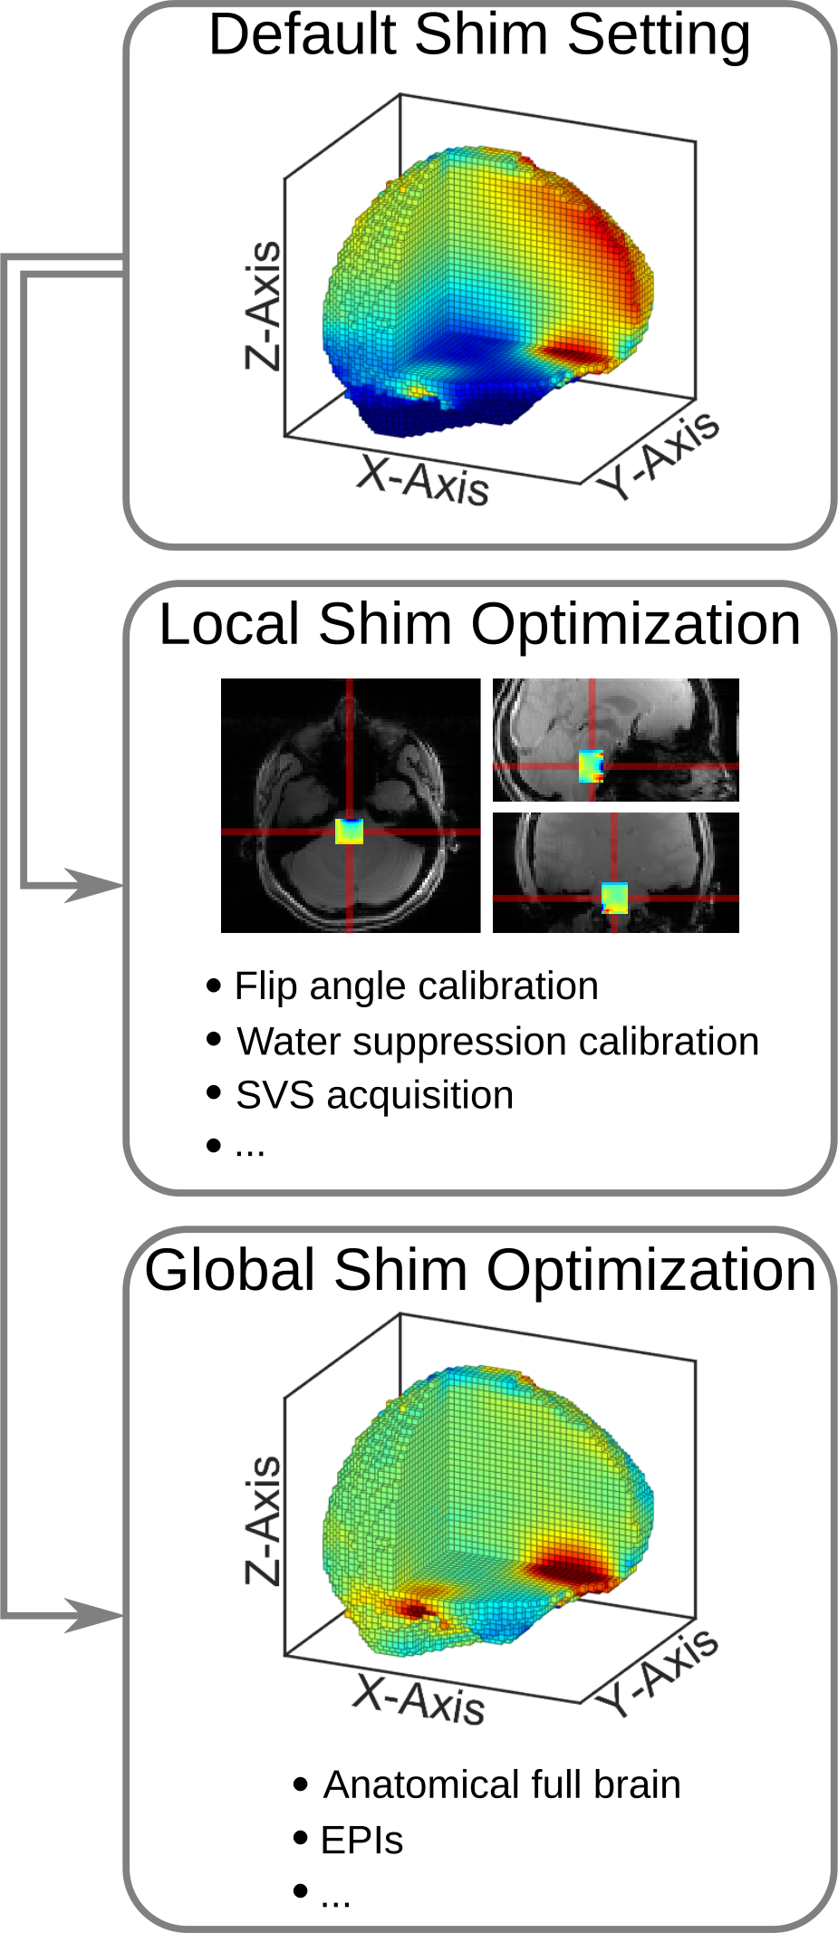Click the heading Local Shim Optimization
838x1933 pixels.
click(479, 625)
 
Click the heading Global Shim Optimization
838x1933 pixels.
click(480, 1270)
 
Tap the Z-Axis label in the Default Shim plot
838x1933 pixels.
click(264, 305)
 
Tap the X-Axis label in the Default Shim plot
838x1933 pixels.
click(423, 480)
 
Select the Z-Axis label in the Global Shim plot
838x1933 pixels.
click(264, 1520)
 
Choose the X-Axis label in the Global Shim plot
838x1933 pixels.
click(419, 1698)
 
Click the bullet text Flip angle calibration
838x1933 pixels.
click(416, 986)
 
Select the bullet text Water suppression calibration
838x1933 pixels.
click(497, 1042)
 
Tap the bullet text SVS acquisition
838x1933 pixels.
click(374, 1095)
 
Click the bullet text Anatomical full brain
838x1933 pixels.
click(502, 1784)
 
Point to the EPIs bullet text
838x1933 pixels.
click(361, 1841)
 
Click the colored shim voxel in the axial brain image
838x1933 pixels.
click(349, 831)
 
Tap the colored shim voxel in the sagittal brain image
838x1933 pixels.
click(591, 766)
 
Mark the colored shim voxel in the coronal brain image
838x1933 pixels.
click(615, 898)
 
